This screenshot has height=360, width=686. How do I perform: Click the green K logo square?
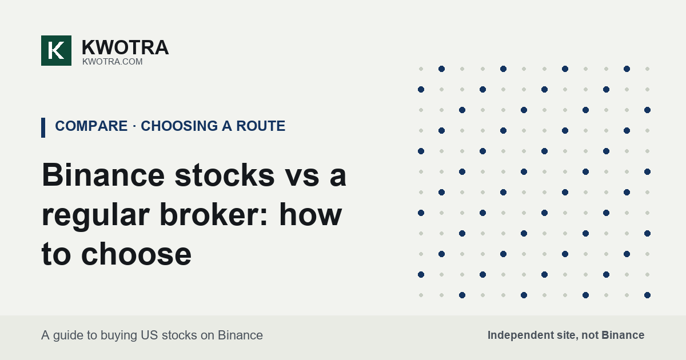tap(57, 50)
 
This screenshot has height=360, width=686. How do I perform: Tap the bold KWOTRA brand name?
tap(125, 47)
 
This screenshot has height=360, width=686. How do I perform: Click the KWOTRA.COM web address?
tap(113, 62)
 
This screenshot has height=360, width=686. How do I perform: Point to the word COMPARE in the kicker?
tap(91, 126)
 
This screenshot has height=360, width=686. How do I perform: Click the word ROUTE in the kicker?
tap(261, 126)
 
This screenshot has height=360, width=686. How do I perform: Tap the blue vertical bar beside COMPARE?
tap(43, 127)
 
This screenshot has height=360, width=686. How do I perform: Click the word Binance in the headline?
tap(103, 175)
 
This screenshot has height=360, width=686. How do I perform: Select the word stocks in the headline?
tap(225, 175)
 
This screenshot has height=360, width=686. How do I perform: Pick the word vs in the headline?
tap(302, 179)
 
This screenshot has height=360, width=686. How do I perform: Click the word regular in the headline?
tap(95, 217)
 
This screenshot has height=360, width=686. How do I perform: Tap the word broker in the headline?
tap(209, 214)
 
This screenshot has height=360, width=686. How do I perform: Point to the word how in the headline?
tap(310, 214)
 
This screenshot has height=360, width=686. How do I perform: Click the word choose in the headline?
tap(137, 254)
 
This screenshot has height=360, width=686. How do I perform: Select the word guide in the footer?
tap(67, 336)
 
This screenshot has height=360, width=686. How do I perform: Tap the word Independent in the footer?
tap(520, 335)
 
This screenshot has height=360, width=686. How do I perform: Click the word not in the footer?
tap(590, 335)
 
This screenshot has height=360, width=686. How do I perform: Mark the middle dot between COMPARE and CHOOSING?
tap(134, 126)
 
